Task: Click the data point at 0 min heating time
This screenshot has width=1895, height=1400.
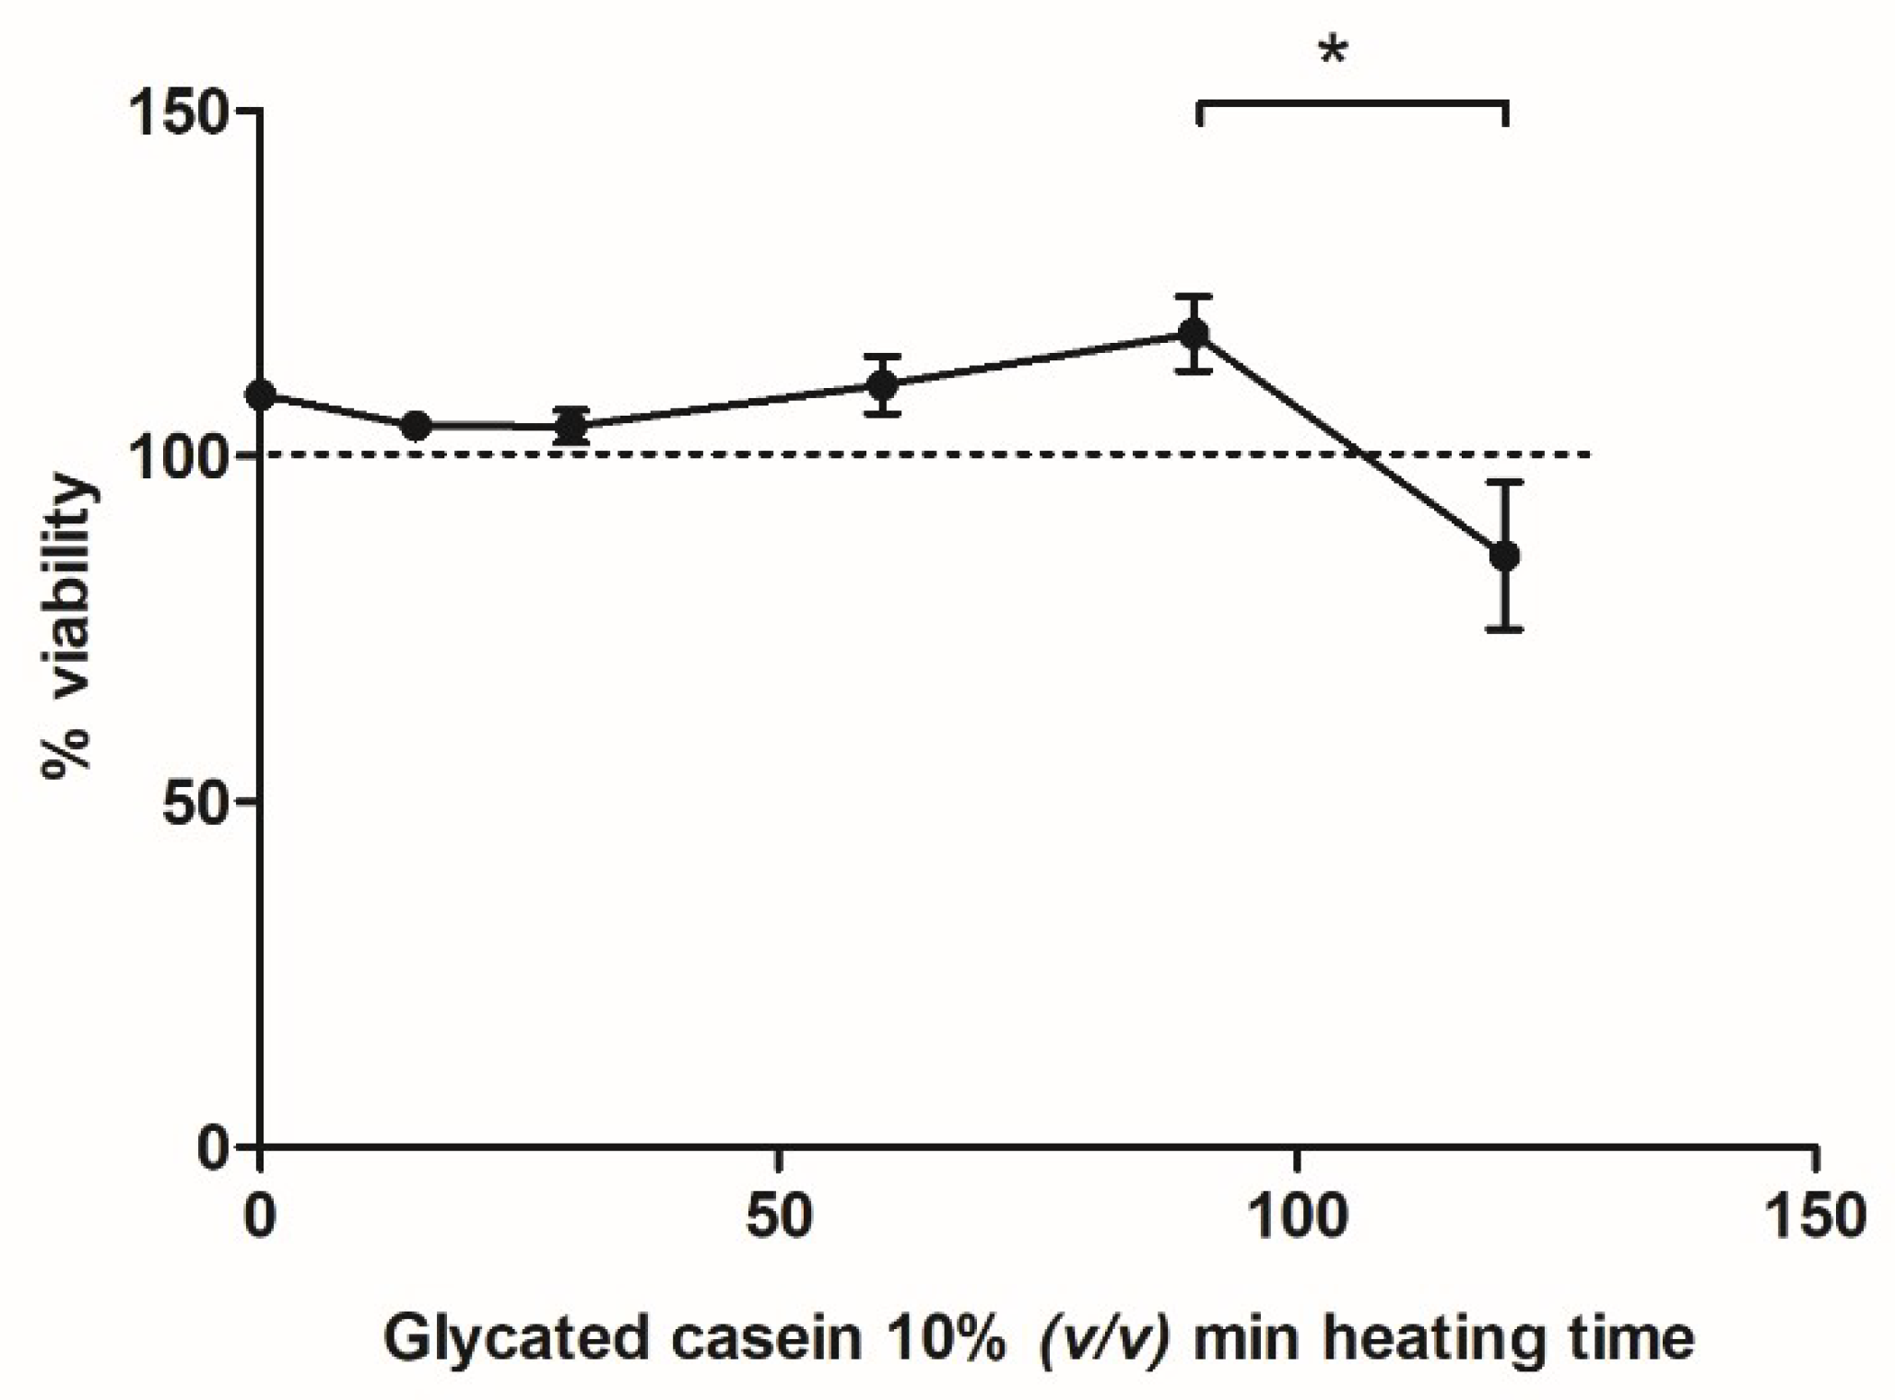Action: point(262,395)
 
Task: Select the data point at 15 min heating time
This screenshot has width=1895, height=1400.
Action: point(417,426)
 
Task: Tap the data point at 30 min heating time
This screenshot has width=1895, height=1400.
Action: point(572,427)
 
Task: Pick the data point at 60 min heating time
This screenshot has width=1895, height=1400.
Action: point(883,385)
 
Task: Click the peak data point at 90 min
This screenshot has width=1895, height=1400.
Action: point(1195,334)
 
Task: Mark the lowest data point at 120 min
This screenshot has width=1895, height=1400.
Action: point(1504,556)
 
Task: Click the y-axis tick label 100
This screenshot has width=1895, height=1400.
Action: point(180,456)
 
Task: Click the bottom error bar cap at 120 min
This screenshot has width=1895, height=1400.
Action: point(1504,629)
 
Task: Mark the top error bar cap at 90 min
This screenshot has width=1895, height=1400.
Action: point(1195,297)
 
